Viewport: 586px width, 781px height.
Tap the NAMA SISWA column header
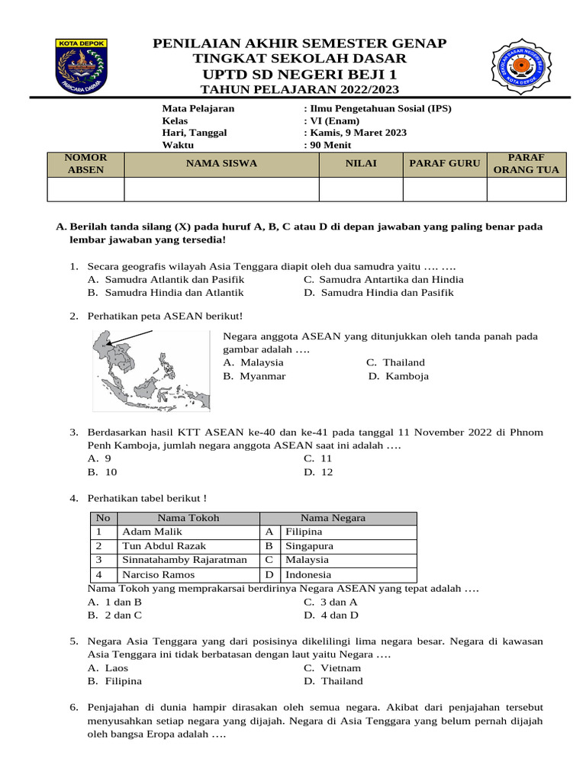[221, 163]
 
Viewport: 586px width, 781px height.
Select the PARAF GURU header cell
[445, 163]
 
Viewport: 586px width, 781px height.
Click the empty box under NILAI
[360, 189]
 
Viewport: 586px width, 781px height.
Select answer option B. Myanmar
[255, 376]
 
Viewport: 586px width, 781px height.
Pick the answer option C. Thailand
[395, 362]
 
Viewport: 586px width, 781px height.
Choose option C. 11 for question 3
[318, 458]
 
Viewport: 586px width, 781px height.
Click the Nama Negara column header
[333, 518]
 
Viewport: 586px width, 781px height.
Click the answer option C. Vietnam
[333, 667]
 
